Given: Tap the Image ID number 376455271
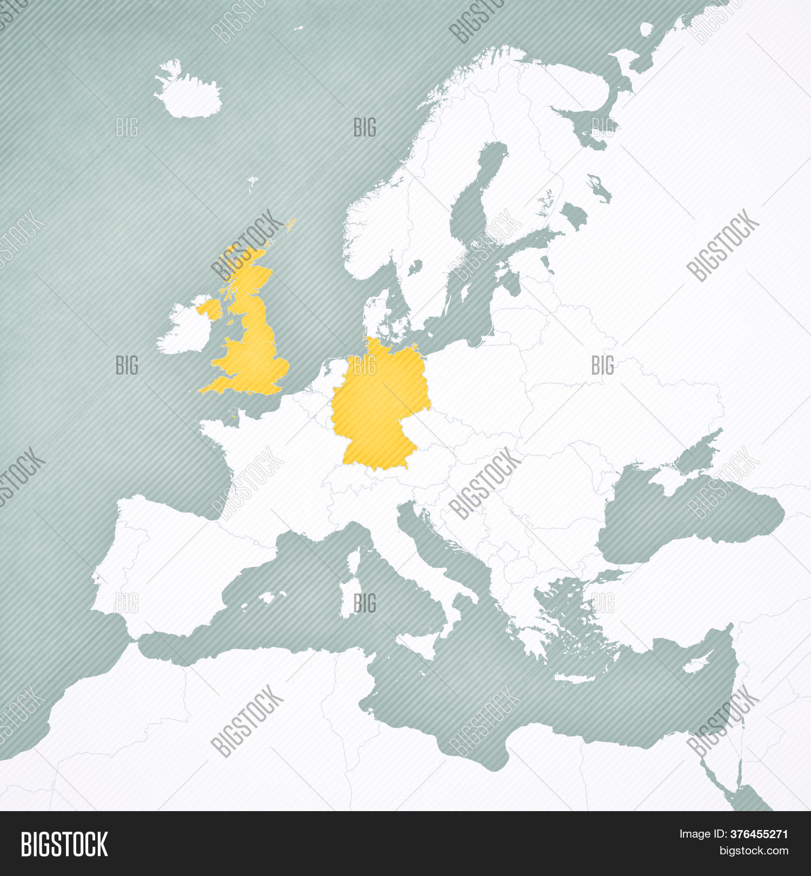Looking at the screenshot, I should [x=759, y=834].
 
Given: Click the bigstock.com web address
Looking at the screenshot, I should [x=754, y=851].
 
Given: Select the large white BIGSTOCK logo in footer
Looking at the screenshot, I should [x=64, y=844].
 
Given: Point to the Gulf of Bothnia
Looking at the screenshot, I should [x=478, y=184].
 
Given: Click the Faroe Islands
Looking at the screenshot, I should [x=252, y=183].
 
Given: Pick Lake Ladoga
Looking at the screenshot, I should [x=599, y=187].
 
